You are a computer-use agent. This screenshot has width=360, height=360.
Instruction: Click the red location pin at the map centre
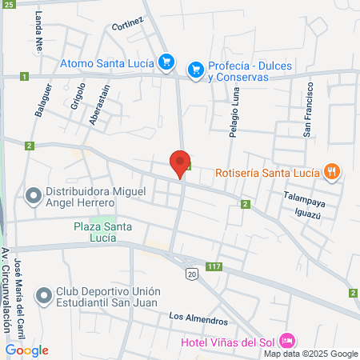point(180,163)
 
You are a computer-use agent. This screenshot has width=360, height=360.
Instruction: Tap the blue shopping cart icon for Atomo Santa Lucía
point(166,62)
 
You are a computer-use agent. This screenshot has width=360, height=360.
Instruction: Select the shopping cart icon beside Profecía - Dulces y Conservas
point(194,70)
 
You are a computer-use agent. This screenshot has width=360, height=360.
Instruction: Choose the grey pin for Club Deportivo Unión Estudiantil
point(44,295)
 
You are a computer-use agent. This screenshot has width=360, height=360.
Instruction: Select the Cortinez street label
point(128,25)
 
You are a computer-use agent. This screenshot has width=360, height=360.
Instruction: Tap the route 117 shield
point(213,266)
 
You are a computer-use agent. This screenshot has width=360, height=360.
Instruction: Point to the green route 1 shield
point(25,77)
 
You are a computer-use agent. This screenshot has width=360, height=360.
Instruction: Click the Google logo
point(27,350)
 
